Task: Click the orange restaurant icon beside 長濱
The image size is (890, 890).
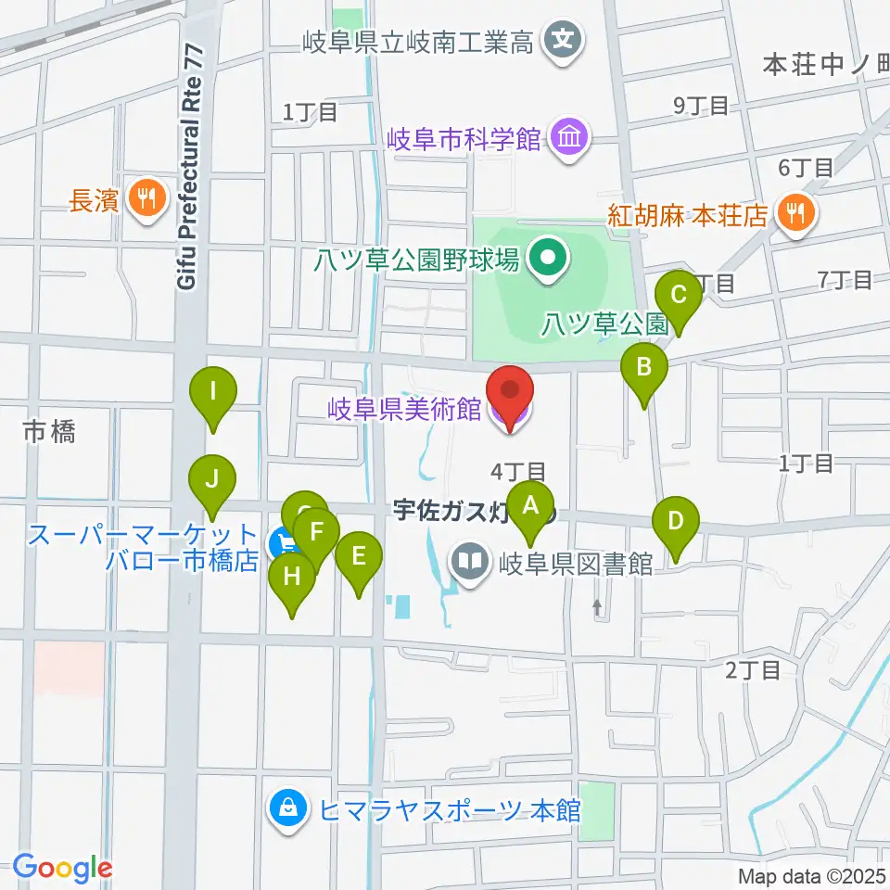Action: [x=146, y=197]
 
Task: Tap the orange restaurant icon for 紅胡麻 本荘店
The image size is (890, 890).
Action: [x=795, y=214]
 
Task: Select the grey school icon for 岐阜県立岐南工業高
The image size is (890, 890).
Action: [x=563, y=41]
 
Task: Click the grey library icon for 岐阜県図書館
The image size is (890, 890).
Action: [x=471, y=562]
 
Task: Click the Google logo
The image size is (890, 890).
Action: [x=62, y=868]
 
